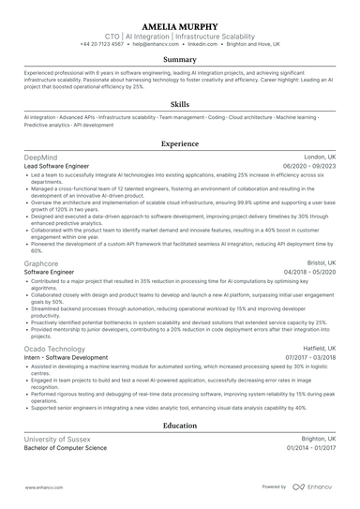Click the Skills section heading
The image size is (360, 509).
(x=180, y=105)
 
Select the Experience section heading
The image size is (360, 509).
(x=180, y=144)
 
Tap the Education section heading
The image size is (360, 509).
(x=180, y=426)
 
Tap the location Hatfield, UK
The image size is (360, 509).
(x=317, y=349)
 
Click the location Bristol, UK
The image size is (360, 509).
(x=321, y=264)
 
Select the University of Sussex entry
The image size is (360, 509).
(x=58, y=439)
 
